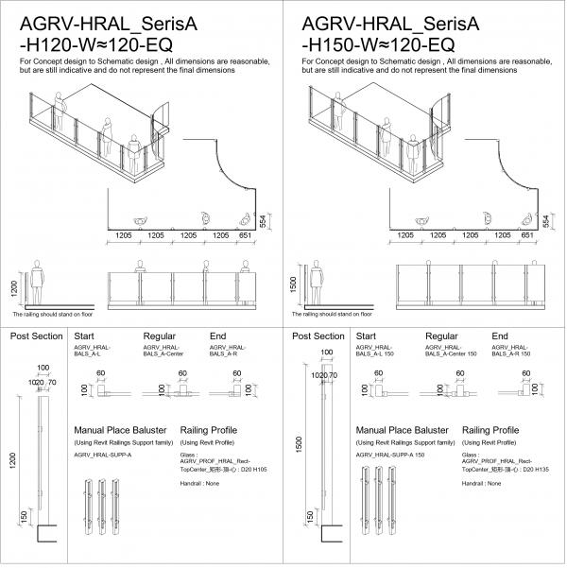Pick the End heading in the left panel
click(217, 336)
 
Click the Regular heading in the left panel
click(160, 336)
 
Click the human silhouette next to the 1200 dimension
click(38, 283)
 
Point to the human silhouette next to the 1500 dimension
click(321, 283)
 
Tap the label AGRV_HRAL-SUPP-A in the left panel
click(103, 455)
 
